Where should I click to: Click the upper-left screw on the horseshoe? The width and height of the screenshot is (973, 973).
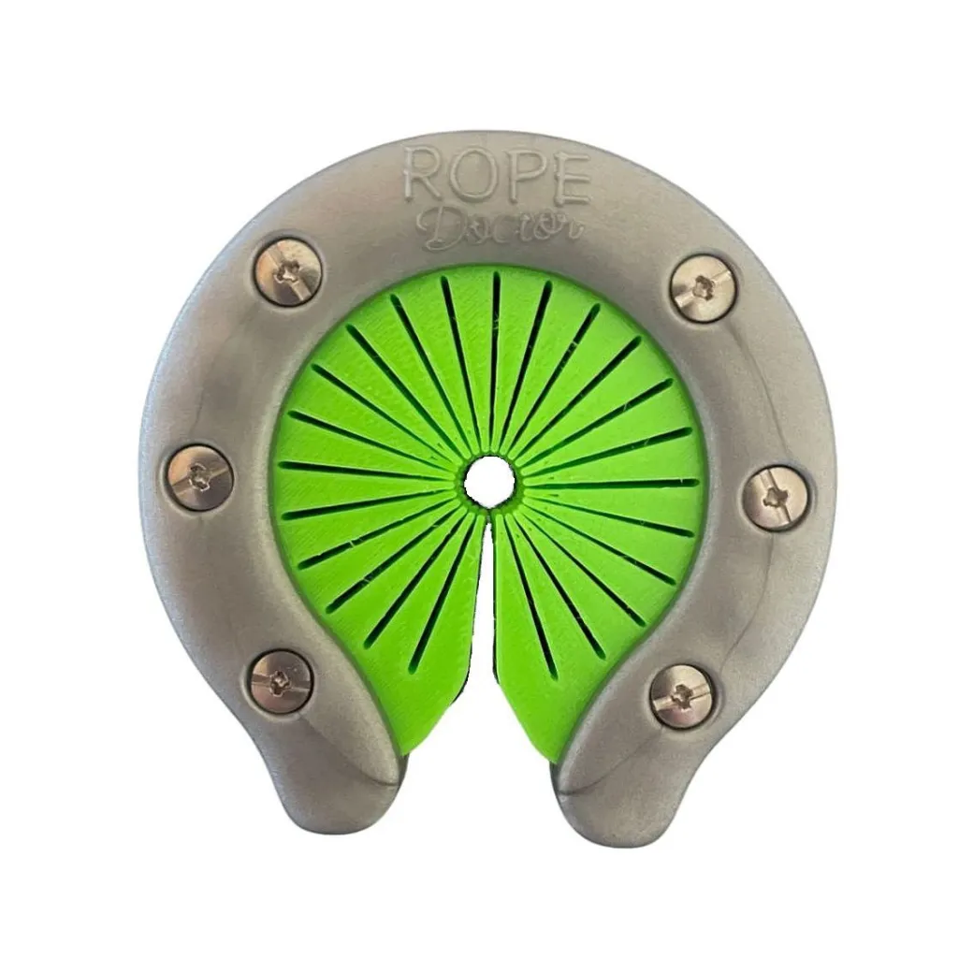(288, 272)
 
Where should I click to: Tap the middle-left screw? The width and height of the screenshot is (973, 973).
(199, 477)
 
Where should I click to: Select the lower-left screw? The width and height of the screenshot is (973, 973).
(280, 681)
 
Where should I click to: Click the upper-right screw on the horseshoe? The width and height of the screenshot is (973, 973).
(704, 288)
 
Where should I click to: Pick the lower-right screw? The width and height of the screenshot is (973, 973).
(683, 695)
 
